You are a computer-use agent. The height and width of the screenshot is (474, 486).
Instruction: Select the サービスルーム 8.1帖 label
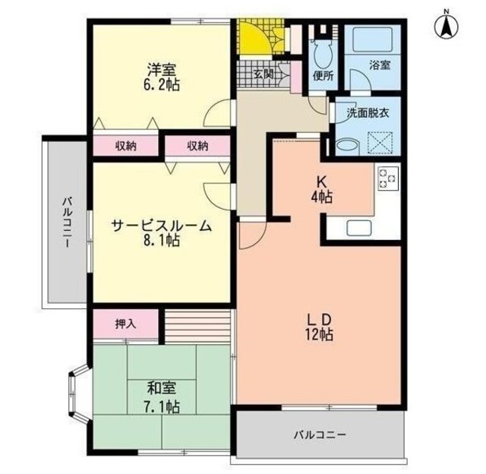[x=161, y=233]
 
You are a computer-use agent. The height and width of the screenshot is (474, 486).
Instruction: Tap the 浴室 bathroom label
[x=379, y=65]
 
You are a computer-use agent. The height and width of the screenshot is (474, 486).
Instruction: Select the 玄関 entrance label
[x=264, y=74]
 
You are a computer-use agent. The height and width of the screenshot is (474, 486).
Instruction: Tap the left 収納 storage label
[x=126, y=146]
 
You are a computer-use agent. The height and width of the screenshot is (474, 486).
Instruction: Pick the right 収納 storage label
[x=197, y=146]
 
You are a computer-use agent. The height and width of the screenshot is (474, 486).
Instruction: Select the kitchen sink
[x=358, y=227]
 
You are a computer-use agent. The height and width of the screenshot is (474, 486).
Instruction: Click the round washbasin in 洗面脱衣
[x=346, y=145]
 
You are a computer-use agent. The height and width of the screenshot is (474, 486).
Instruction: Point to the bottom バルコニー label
[x=320, y=435]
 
